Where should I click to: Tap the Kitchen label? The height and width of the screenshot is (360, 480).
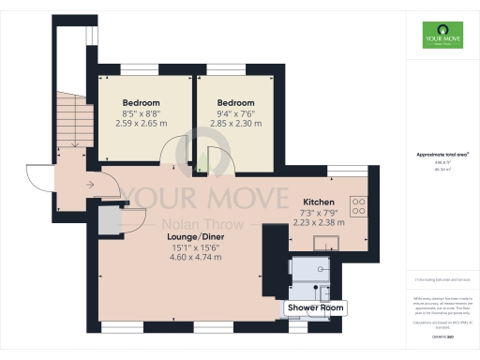tap(320, 202)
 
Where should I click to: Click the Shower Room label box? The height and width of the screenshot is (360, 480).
tap(316, 307)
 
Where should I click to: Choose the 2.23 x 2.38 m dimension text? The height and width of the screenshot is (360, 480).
tap(320, 222)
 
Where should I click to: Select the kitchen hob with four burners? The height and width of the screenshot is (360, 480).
tap(357, 204)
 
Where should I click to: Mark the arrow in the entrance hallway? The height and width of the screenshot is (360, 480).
tap(88, 186)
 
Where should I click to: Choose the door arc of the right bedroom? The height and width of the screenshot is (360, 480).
tap(214, 159)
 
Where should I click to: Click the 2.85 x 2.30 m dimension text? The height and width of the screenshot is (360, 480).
tap(235, 123)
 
